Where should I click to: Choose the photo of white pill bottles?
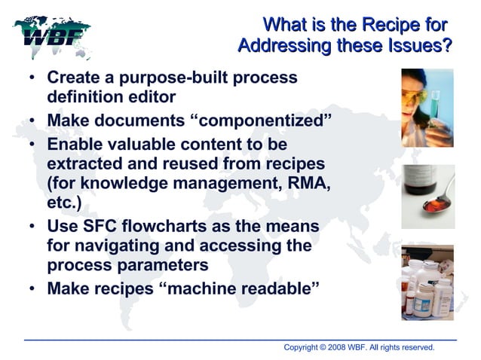(x=427, y=282)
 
